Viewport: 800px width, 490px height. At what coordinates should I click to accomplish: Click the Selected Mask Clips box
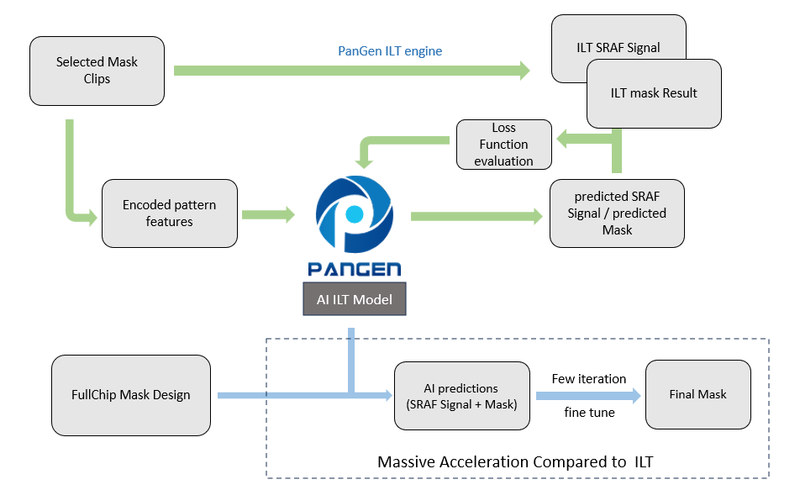click(x=97, y=71)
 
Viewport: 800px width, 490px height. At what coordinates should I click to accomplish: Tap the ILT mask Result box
click(x=654, y=93)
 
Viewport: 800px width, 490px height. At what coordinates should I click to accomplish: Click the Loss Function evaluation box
click(x=504, y=145)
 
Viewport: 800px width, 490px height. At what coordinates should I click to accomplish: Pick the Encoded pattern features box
click(x=170, y=213)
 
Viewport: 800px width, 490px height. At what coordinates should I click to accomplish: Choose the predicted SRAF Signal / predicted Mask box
click(x=617, y=213)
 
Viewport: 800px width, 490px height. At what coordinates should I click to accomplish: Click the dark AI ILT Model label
click(x=355, y=299)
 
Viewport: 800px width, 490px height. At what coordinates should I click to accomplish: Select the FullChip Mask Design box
click(x=131, y=395)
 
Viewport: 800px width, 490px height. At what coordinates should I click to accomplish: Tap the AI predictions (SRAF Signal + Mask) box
click(x=461, y=396)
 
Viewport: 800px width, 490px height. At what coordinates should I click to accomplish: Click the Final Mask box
click(x=698, y=394)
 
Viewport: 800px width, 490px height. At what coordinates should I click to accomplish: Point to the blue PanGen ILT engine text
click(x=390, y=51)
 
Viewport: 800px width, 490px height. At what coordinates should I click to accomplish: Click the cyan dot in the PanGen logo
click(x=354, y=214)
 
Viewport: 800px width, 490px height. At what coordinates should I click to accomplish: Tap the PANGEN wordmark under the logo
click(x=355, y=269)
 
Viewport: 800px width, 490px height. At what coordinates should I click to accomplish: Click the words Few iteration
click(x=589, y=379)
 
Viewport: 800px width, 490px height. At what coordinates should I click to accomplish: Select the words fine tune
click(x=589, y=413)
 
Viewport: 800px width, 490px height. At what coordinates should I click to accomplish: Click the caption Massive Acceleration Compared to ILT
click(x=515, y=462)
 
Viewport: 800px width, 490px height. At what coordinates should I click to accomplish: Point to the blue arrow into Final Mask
click(x=588, y=396)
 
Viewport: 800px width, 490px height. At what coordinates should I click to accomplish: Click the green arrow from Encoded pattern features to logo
click(x=268, y=214)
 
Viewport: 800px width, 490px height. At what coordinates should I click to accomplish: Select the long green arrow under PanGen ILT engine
click(x=352, y=71)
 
